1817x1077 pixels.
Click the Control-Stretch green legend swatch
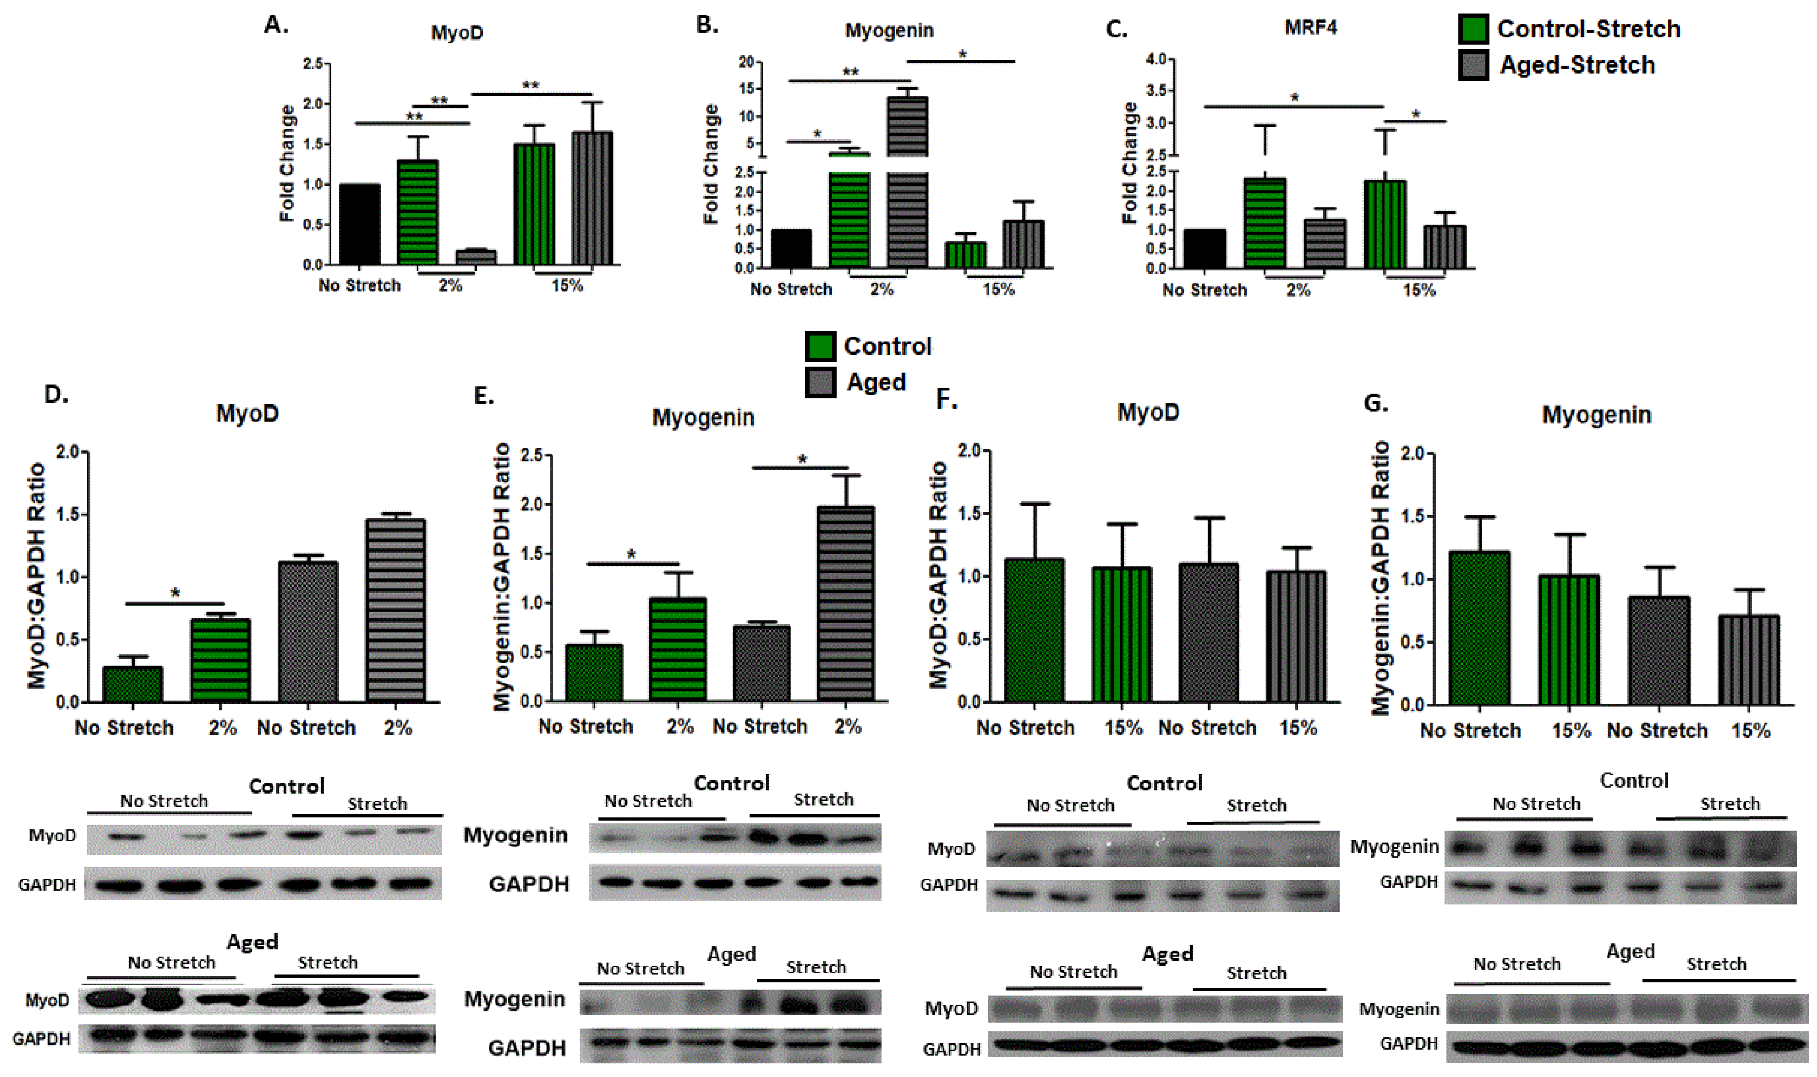tap(1473, 29)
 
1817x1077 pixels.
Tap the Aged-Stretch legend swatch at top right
tap(1473, 65)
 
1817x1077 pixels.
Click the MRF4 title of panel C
tap(1310, 27)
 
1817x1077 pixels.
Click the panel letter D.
tap(56, 394)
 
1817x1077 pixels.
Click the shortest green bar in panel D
tap(133, 684)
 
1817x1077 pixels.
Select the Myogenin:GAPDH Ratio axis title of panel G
tap(1381, 577)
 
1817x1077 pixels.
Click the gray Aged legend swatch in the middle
tap(821, 382)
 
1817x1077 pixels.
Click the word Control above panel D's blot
tap(286, 786)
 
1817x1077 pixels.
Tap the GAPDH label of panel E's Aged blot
tap(527, 1047)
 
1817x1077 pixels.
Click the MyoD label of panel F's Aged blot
tap(951, 1008)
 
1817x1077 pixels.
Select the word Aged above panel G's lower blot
tap(1630, 951)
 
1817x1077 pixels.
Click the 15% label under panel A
tap(567, 285)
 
